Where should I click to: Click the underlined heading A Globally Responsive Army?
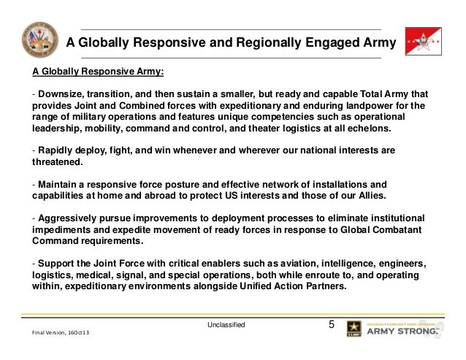(x=98, y=73)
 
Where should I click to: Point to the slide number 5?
(x=332, y=323)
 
